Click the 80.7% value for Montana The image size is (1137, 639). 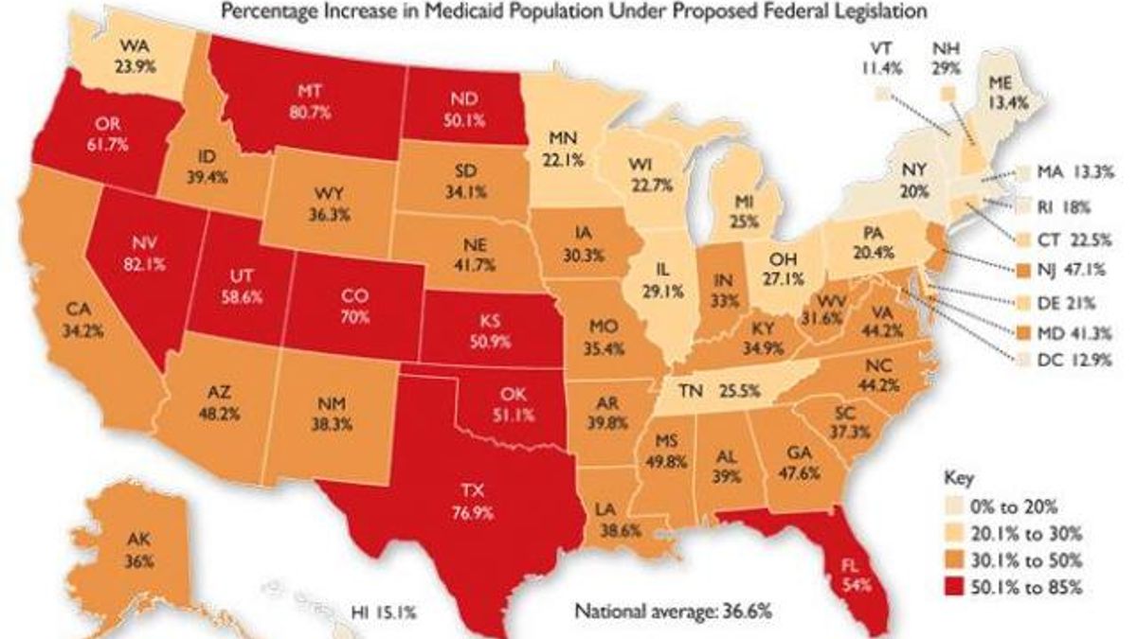pos(310,113)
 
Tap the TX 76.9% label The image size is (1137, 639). pos(473,502)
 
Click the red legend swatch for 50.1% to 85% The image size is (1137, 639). pos(955,587)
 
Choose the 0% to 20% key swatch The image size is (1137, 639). pos(955,506)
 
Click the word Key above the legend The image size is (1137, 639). pos(958,478)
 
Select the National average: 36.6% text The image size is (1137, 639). pos(673,611)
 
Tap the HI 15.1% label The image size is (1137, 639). pos(384,612)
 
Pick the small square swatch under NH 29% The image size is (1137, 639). pos(947,94)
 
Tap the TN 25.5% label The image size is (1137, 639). pos(719,391)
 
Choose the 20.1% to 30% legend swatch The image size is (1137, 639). pos(955,534)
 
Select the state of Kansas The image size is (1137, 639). pos(490,329)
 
